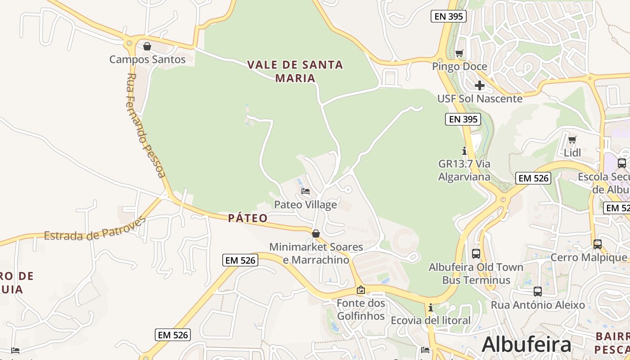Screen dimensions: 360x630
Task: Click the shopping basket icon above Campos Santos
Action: [x=147, y=46]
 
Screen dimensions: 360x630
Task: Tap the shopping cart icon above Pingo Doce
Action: [x=459, y=54]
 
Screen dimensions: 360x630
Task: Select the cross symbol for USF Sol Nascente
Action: [x=480, y=85]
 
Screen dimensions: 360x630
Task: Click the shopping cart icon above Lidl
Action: [x=572, y=139]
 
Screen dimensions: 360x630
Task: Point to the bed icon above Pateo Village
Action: [x=306, y=191]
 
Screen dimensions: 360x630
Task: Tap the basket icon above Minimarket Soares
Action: [x=316, y=234]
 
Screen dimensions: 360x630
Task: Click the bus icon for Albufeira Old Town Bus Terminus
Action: [x=476, y=254]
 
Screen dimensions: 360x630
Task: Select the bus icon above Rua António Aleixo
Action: [x=538, y=292]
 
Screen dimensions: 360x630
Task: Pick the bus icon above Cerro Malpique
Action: [x=598, y=244]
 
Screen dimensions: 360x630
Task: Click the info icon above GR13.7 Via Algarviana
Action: [x=464, y=151]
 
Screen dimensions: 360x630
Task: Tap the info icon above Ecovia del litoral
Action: [x=431, y=308]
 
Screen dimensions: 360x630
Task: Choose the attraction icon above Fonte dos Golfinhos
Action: [x=360, y=290]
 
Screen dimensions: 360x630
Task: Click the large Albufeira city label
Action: [x=526, y=345]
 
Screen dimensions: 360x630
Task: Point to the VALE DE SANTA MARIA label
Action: [x=295, y=71]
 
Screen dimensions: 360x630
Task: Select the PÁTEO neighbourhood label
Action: [x=247, y=219]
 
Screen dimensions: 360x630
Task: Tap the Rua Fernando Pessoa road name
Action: [x=145, y=125]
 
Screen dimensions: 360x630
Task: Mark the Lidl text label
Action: [x=572, y=153]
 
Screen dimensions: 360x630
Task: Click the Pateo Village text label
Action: [x=306, y=205]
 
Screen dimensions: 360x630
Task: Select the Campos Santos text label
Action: [x=148, y=59]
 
